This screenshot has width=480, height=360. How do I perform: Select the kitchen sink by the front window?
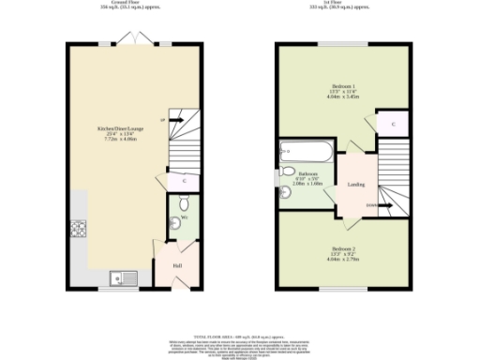(x=119, y=277)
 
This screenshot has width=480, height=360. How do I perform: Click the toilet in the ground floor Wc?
(x=182, y=203)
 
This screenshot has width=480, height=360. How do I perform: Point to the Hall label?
(x=176, y=265)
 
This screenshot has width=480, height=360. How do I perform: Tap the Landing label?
(x=355, y=185)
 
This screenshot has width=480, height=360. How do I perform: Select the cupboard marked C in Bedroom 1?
(x=393, y=123)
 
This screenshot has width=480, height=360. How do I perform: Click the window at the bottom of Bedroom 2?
(x=343, y=289)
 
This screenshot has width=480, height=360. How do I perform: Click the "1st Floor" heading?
(x=343, y=3)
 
